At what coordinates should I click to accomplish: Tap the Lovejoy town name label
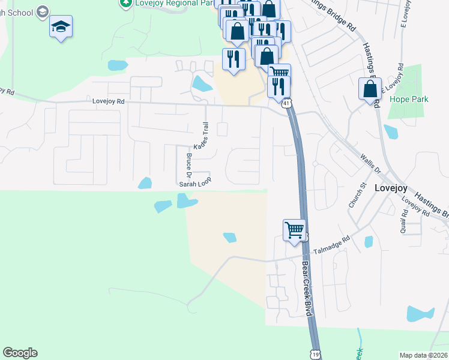click(x=391, y=187)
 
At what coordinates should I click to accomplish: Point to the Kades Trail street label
click(x=200, y=137)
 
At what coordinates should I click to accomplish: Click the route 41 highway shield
click(x=287, y=104)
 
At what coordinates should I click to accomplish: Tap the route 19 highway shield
click(x=315, y=355)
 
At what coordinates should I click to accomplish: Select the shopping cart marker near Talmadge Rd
click(x=294, y=229)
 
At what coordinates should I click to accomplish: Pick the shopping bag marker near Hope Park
click(x=370, y=89)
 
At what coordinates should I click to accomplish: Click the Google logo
click(x=20, y=353)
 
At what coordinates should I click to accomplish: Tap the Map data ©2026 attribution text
click(x=423, y=355)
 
